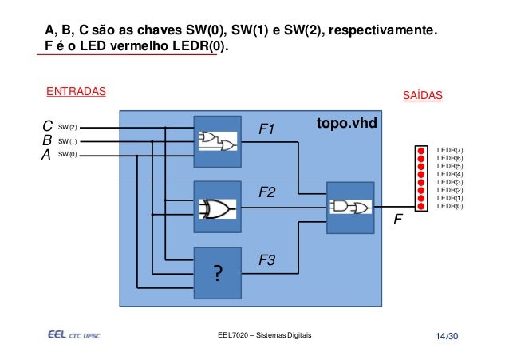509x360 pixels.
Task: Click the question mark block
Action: (x=218, y=271)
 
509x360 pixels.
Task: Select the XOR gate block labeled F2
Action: (x=218, y=208)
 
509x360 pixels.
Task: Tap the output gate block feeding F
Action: (x=350, y=208)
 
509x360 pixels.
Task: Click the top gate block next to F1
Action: (x=218, y=142)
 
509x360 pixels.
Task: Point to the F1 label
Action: (x=266, y=129)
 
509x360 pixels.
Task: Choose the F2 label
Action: (x=266, y=193)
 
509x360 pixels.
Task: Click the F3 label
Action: (x=266, y=260)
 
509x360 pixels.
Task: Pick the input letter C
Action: (x=47, y=126)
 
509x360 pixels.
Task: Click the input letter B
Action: (x=47, y=140)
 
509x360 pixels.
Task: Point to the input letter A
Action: (x=47, y=155)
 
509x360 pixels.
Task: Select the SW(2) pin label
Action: (x=68, y=126)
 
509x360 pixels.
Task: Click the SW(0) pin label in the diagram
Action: (x=68, y=155)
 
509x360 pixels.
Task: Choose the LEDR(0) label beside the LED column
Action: (x=450, y=206)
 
